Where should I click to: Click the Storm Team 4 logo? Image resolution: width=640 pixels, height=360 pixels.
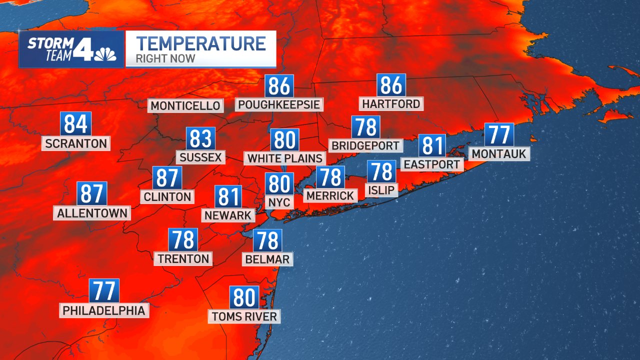71,49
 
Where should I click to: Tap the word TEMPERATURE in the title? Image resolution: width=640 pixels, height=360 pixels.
200,44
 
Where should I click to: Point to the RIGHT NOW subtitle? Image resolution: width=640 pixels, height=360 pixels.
165,59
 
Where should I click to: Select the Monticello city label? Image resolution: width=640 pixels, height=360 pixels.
185,106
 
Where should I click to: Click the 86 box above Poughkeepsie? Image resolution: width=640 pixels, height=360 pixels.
279,86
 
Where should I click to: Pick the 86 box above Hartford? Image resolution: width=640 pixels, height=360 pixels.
391,85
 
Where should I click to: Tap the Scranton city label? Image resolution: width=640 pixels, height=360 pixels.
76,143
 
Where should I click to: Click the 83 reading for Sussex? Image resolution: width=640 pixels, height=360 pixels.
200,139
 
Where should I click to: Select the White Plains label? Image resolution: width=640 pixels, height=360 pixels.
285,158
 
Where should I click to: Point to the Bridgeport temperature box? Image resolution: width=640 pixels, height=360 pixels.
366,127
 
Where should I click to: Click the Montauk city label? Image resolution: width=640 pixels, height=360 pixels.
499,153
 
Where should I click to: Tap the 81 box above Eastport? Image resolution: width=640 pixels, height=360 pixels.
432,146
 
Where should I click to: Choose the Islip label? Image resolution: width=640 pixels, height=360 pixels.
381,190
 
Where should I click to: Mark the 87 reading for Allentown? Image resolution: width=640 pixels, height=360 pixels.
92,194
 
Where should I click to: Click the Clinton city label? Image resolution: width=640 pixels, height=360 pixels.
167,196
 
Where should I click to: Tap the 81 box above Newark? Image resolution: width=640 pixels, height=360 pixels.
228,197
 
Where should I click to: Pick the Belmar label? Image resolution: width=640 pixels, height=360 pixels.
267,259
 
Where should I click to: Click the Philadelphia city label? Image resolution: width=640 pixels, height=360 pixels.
104,310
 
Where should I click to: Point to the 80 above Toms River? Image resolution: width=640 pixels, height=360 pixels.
244,298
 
